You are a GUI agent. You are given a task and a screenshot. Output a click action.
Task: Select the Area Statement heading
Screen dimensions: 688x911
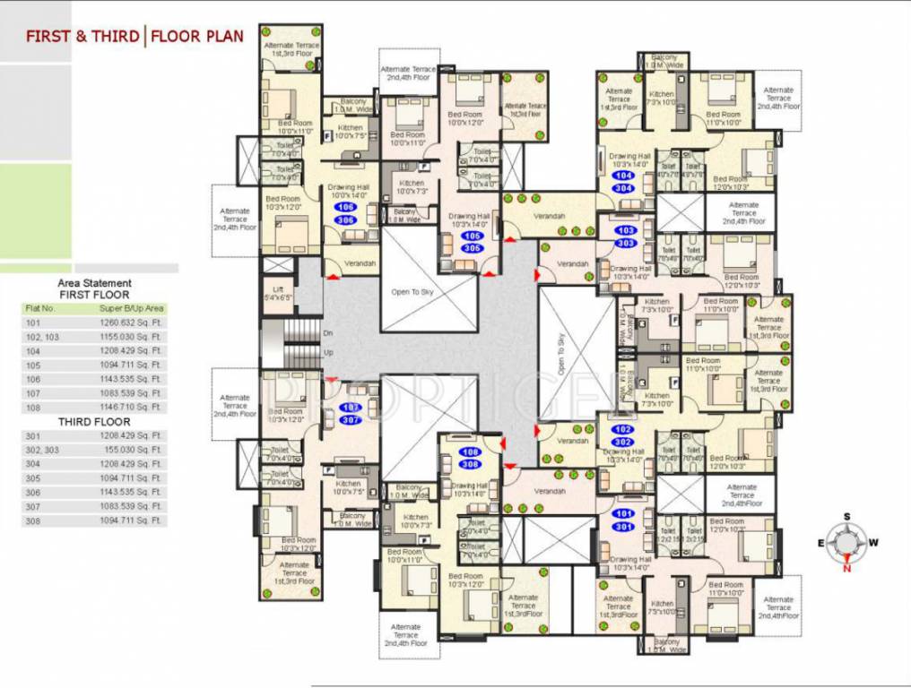pyautogui.click(x=94, y=283)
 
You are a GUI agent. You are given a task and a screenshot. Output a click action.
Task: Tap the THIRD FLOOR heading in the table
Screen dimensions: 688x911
pyautogui.click(x=94, y=421)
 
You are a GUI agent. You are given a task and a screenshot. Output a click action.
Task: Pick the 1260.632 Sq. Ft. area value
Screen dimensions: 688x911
pyautogui.click(x=131, y=323)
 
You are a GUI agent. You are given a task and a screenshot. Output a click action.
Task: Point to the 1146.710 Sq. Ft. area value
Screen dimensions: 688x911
pyautogui.click(x=131, y=408)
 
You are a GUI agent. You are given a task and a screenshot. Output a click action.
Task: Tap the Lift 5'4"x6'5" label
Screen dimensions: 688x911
pyautogui.click(x=278, y=294)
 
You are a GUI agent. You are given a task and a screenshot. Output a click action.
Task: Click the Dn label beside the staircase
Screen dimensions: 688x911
pyautogui.click(x=327, y=333)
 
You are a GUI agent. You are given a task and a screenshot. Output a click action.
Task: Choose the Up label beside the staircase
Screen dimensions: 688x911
pyautogui.click(x=327, y=352)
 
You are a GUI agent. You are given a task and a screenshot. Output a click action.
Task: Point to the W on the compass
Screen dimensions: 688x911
pyautogui.click(x=873, y=542)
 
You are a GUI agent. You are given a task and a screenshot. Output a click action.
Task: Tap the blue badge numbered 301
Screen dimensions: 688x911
pyautogui.click(x=625, y=527)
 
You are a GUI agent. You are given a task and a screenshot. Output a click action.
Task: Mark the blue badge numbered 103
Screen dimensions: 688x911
pyautogui.click(x=626, y=231)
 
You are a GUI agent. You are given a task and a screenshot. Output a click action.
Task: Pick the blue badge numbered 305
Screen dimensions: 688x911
pyautogui.click(x=472, y=248)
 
